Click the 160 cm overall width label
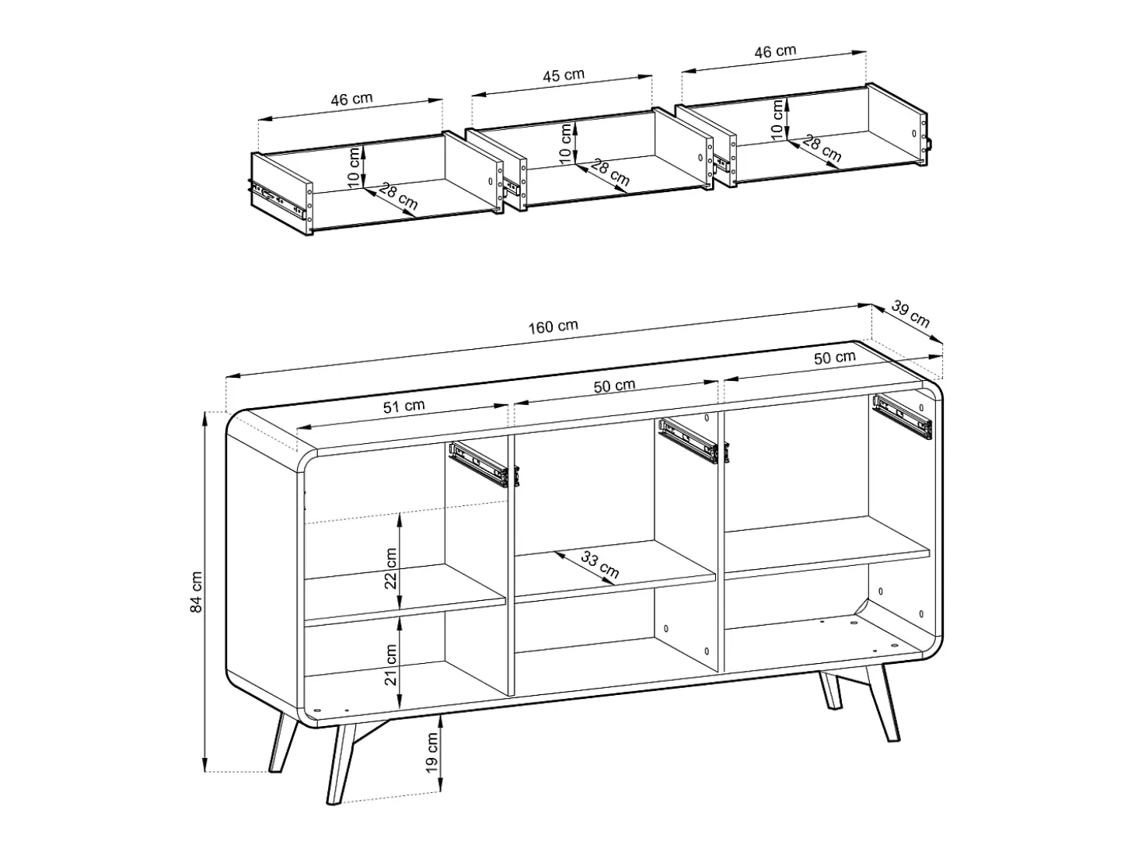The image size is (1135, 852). [553, 326]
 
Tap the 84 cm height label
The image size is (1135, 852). [197, 592]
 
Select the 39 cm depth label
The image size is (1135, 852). [910, 315]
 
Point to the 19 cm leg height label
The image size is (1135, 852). [432, 752]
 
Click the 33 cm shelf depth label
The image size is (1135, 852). [600, 564]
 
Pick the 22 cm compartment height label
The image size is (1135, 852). [391, 568]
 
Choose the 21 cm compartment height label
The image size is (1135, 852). [391, 665]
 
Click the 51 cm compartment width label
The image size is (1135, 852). [403, 407]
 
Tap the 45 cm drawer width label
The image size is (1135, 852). [564, 75]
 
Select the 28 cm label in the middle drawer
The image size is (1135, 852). [610, 173]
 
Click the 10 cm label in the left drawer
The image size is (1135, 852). [354, 166]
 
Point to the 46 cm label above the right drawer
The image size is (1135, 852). [775, 52]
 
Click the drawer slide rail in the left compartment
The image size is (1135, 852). [484, 464]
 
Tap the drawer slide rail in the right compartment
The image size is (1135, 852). [903, 417]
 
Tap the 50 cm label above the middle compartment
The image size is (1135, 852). [614, 386]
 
